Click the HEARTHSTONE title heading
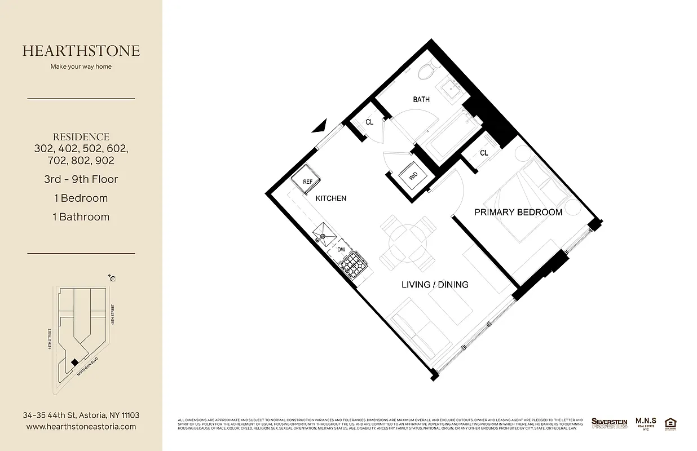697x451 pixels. point(81,51)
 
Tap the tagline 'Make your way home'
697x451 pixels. point(81,67)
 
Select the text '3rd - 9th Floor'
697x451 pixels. point(81,179)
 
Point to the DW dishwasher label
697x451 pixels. point(341,249)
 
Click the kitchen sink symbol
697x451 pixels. point(326,235)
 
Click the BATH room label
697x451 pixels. point(421,100)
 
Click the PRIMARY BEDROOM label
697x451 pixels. point(518,213)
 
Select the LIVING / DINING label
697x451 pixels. point(435,285)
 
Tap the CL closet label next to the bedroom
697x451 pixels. point(484,153)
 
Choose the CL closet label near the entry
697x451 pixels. point(369,122)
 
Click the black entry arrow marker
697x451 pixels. point(320,125)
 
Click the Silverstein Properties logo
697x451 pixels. point(609,423)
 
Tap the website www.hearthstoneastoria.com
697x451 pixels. point(81,427)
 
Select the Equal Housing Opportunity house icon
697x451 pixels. point(670,423)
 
